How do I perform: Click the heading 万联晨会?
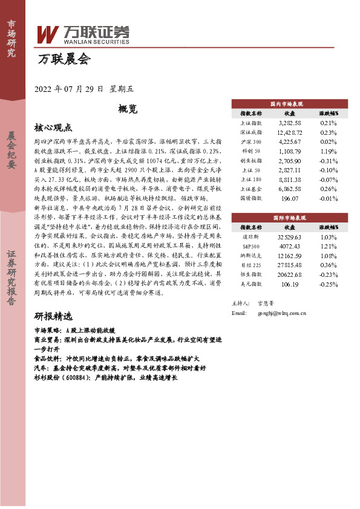64,59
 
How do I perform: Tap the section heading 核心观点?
53,128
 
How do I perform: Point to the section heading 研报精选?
53,317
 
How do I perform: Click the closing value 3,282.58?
289,122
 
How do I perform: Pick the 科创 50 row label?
250,152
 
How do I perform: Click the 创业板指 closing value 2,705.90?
289,161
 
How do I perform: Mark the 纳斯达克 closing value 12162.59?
289,255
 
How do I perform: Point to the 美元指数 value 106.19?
289,284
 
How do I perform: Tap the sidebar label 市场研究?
11,39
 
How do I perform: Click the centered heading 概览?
128,109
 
